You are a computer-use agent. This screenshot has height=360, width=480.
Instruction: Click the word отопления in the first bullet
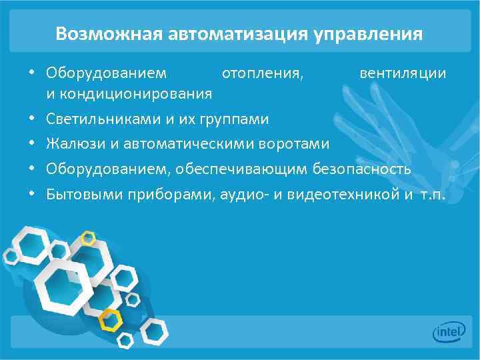click(263, 72)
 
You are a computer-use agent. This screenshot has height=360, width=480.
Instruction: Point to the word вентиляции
click(403, 72)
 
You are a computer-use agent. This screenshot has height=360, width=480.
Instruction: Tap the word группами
click(239, 119)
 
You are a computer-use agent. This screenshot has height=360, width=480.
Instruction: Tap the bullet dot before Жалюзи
click(31, 144)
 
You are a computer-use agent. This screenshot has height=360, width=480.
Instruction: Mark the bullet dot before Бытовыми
click(31, 195)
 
